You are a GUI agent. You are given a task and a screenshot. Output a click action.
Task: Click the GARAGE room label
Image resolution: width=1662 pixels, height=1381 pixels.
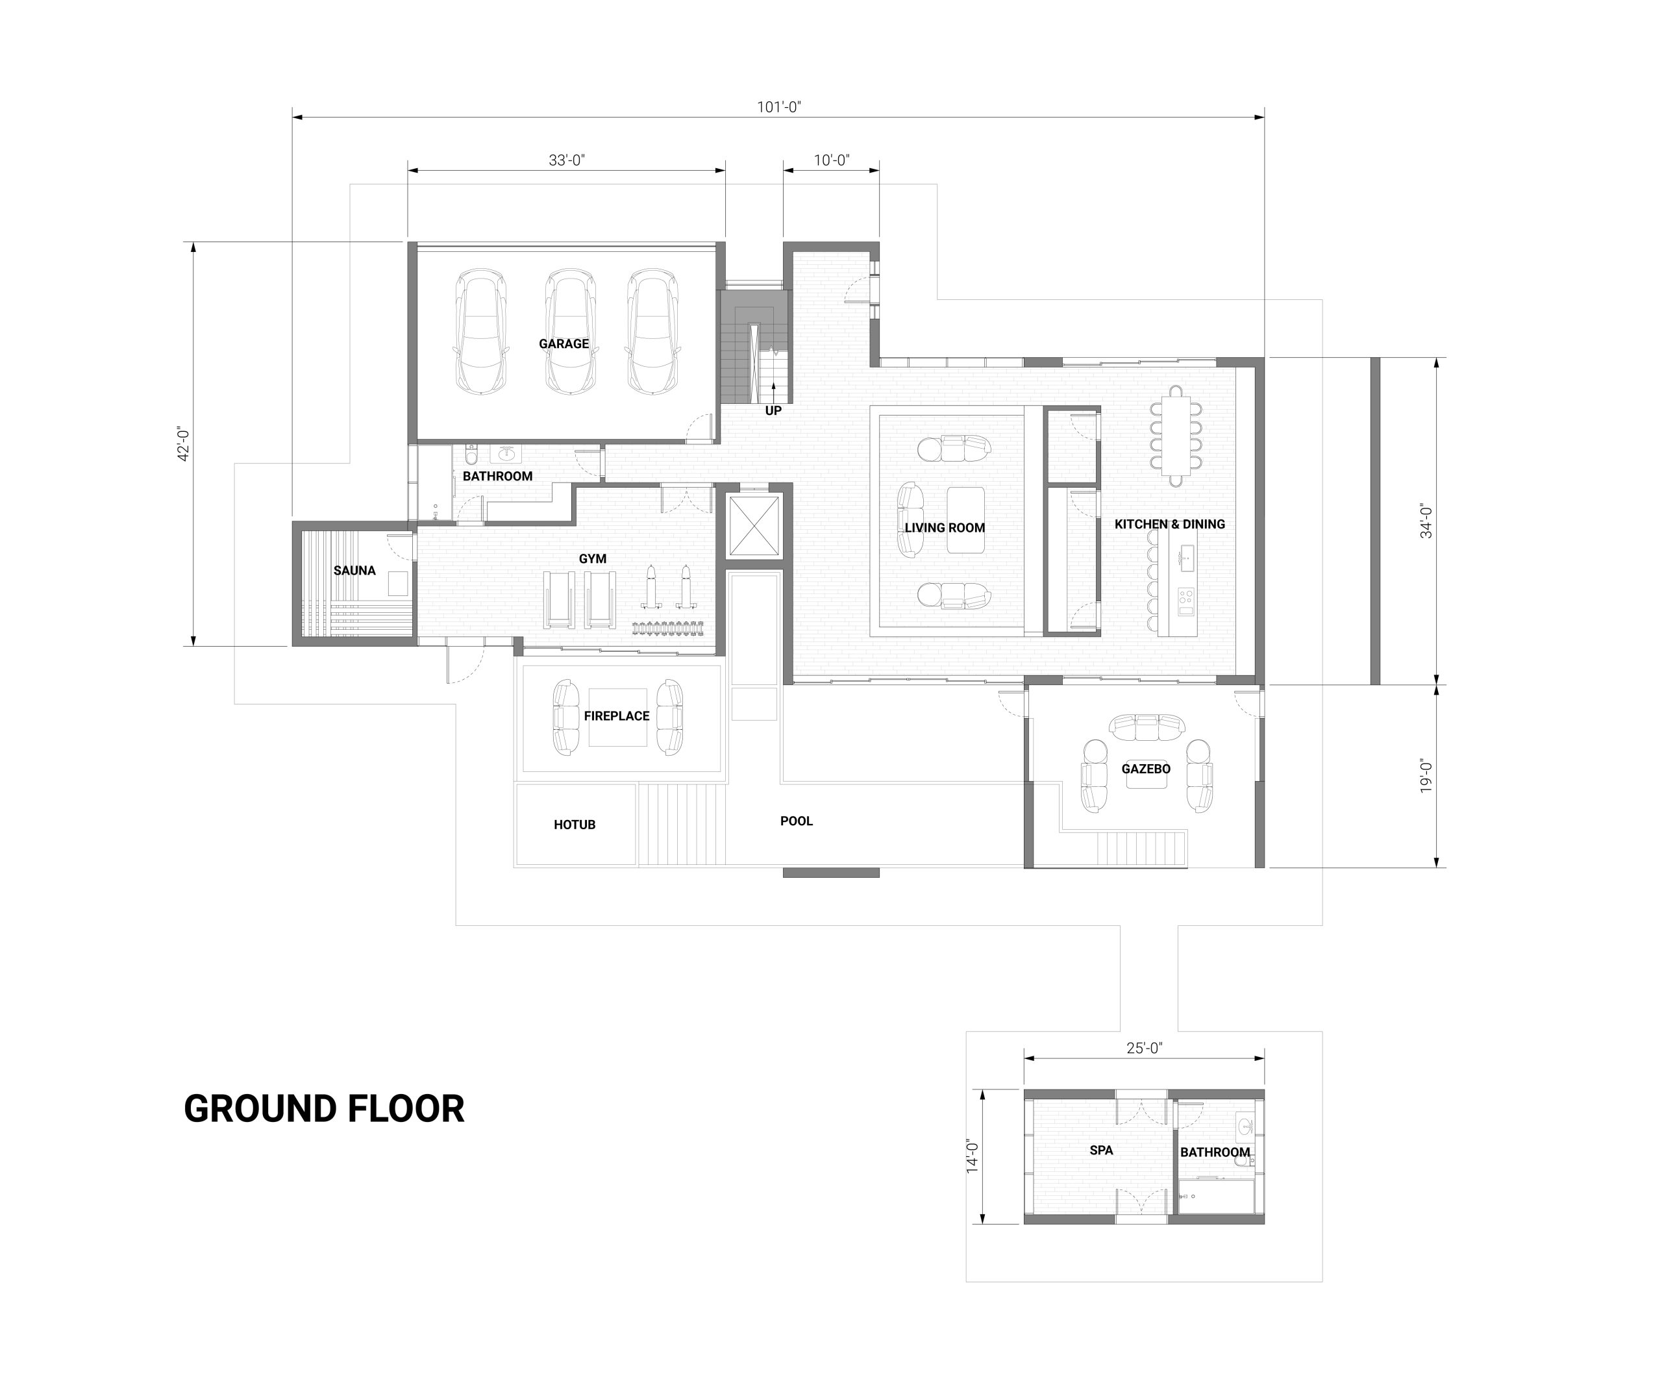(564, 343)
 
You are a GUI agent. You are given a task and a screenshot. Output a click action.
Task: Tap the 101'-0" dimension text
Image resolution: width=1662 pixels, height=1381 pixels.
(780, 107)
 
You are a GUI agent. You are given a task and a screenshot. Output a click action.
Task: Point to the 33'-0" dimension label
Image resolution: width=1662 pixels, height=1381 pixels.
(567, 160)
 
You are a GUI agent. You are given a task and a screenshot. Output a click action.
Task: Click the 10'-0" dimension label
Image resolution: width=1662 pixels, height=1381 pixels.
(832, 160)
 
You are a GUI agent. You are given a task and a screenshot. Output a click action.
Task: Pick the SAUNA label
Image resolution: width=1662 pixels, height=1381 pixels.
(354, 571)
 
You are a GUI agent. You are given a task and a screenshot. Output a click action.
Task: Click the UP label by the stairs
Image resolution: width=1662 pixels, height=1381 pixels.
(773, 411)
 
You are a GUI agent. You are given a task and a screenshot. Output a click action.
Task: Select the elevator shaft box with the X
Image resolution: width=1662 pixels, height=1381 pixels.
(754, 525)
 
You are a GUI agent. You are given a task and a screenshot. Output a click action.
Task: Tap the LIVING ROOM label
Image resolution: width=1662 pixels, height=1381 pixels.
(945, 528)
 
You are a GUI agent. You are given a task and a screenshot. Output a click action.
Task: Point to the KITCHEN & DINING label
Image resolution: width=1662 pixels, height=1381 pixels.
(1170, 524)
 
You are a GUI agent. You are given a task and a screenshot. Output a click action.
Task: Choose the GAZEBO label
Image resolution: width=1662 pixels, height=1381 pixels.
(1146, 769)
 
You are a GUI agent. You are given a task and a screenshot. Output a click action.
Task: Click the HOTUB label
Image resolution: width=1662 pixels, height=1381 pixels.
(575, 825)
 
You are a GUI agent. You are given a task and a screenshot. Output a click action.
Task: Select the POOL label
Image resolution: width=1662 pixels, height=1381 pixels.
(796, 821)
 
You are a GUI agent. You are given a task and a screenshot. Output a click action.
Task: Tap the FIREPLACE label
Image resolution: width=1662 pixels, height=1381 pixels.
(617, 716)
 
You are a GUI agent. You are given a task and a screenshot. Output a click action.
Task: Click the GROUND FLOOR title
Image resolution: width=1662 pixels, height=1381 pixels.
(325, 1109)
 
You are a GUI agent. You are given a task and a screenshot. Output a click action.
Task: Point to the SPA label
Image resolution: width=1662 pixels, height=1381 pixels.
(1102, 1150)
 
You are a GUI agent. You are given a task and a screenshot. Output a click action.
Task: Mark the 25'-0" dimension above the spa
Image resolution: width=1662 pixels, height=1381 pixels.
(1145, 1049)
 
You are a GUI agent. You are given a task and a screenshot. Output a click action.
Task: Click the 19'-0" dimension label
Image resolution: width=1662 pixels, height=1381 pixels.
(1426, 777)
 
